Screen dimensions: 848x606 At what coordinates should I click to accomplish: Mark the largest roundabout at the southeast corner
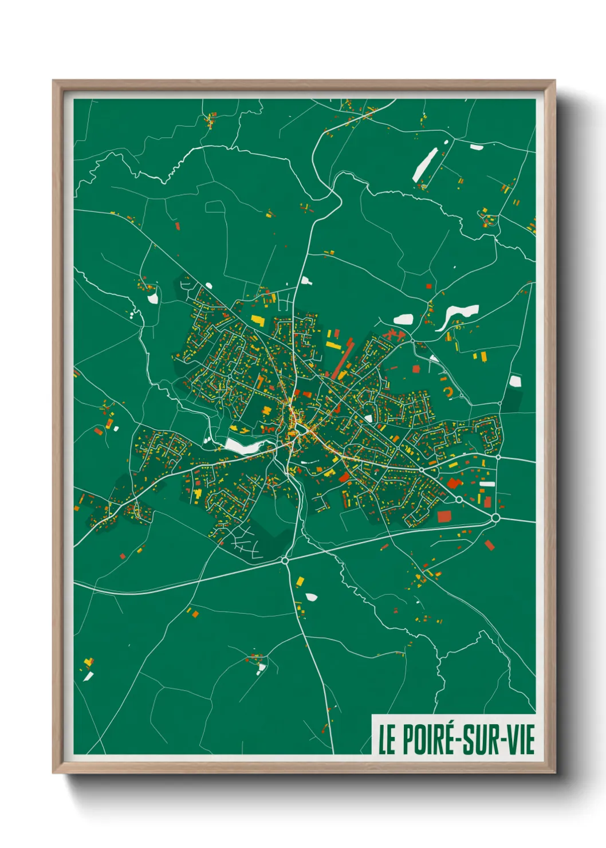(495, 518)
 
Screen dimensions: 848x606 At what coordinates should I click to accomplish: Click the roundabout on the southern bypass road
(285, 560)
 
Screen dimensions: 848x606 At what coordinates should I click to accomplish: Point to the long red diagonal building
(342, 359)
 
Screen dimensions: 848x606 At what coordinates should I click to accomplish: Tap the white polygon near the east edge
(515, 381)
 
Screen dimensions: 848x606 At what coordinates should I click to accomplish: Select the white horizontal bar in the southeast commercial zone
(487, 484)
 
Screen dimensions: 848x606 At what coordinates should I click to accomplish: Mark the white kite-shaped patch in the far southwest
(88, 677)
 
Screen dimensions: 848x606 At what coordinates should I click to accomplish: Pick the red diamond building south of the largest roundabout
(489, 545)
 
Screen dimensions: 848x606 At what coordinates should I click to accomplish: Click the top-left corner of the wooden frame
(54, 81)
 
